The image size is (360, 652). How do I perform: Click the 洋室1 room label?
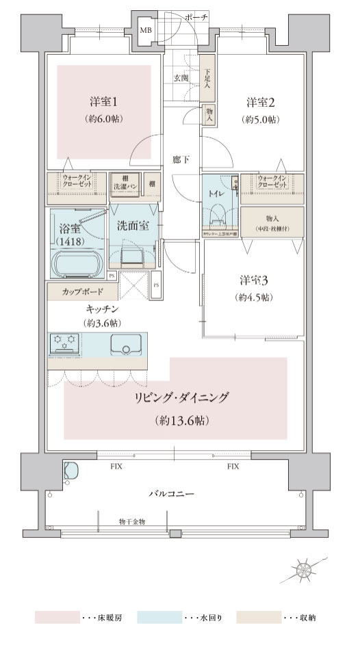tap(104, 103)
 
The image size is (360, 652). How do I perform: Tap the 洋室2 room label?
tap(261, 103)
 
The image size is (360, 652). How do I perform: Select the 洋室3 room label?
tap(253, 281)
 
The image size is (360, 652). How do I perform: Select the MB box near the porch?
tap(146, 30)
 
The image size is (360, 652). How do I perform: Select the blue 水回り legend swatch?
tap(158, 618)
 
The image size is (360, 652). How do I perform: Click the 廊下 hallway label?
tap(181, 160)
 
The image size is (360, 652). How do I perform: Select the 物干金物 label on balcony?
tap(131, 521)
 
